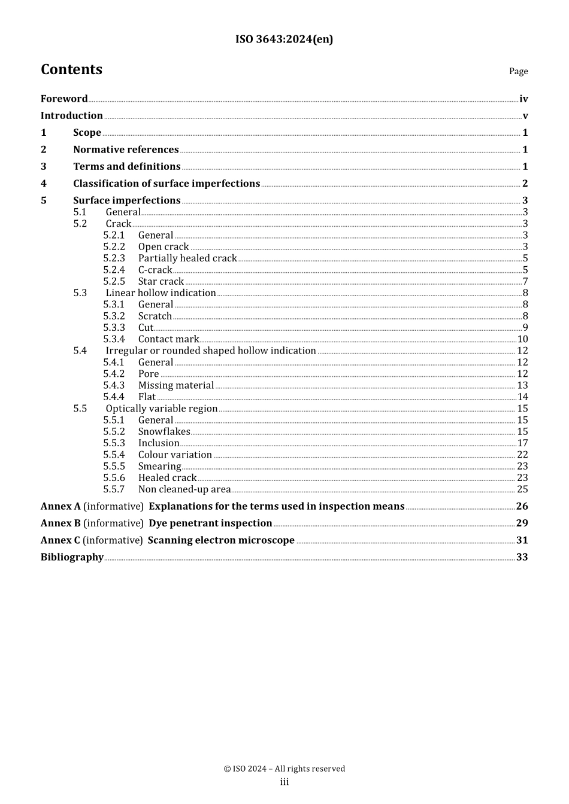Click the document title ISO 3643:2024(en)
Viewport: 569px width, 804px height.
tap(284, 39)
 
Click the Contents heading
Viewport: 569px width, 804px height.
tap(71, 70)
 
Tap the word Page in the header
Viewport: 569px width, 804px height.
tap(518, 71)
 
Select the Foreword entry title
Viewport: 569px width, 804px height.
tap(64, 99)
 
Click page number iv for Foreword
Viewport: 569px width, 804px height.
tap(523, 99)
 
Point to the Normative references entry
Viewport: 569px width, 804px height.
tap(126, 150)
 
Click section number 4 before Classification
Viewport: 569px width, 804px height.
tap(44, 184)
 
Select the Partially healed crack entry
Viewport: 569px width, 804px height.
tap(187, 258)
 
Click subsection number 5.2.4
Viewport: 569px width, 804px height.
tap(114, 270)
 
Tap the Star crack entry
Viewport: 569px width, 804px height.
tap(161, 281)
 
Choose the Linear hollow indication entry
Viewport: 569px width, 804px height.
tap(161, 293)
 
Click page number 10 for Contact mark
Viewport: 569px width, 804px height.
tap(522, 339)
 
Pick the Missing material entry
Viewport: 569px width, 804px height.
tap(175, 385)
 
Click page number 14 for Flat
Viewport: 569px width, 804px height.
tap(522, 397)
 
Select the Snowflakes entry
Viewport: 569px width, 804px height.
tap(164, 431)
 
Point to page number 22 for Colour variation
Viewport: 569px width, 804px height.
tap(522, 455)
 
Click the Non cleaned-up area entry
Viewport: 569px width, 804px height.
tap(184, 489)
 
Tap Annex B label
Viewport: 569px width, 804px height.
tap(60, 523)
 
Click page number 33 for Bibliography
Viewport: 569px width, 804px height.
tap(522, 557)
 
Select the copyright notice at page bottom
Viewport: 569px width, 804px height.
tap(284, 769)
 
